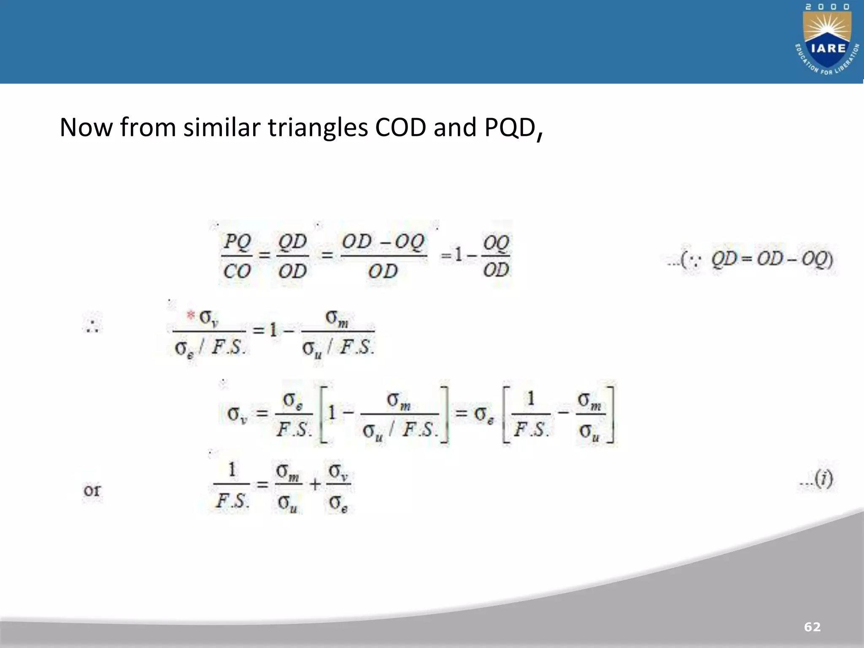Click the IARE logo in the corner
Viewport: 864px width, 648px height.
(x=827, y=44)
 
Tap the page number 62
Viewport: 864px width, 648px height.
(x=812, y=627)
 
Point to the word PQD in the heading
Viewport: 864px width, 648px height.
(x=510, y=128)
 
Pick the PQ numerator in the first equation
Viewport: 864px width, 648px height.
(x=237, y=242)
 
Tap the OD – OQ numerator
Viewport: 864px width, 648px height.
(x=383, y=242)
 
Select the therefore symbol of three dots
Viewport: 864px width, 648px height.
(x=92, y=326)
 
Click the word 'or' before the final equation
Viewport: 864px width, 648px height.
(x=92, y=490)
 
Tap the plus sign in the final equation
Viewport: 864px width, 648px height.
(x=315, y=485)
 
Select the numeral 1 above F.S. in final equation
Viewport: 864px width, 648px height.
(x=232, y=470)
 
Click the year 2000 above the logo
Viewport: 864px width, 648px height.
(x=826, y=7)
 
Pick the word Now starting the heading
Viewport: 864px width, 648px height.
(x=86, y=127)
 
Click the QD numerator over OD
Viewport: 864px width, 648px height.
(x=292, y=242)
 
